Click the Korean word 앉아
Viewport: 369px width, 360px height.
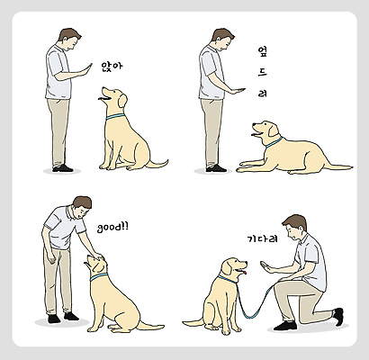[112, 67]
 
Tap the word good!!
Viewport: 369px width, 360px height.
[112, 227]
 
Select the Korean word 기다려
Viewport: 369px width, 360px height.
[258, 239]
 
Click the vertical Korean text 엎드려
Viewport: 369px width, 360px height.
[262, 72]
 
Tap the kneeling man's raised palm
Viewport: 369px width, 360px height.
[266, 267]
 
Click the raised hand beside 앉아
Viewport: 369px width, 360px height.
[86, 69]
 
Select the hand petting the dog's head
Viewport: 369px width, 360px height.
[97, 256]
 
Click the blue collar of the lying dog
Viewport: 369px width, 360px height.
[274, 142]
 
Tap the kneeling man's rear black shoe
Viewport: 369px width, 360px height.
[339, 317]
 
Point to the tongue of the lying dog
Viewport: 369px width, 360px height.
[255, 133]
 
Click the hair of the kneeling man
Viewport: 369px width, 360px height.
[295, 222]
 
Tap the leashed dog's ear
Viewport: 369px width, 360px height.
[227, 268]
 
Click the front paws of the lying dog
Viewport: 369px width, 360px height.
[249, 166]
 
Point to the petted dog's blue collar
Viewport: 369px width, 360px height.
[98, 277]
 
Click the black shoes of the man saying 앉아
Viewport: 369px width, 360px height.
[63, 168]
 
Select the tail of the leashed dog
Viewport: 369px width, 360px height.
[193, 323]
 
